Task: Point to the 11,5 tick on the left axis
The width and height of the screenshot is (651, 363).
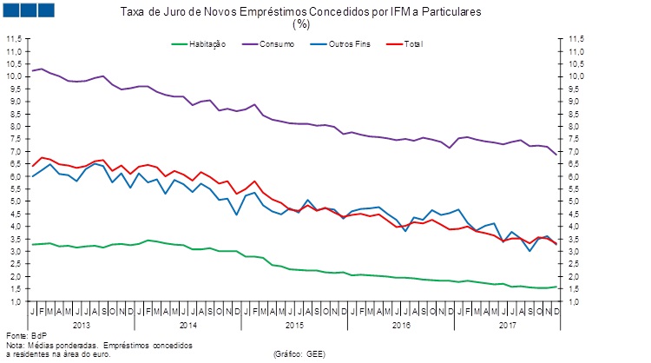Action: click(15, 39)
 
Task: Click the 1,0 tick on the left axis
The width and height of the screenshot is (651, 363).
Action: click(15, 300)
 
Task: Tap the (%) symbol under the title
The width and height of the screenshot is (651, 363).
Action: click(301, 24)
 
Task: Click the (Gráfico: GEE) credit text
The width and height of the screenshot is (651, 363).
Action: click(300, 353)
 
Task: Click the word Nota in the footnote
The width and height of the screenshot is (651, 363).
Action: click(15, 344)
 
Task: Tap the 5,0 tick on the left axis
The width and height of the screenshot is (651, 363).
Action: click(15, 201)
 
